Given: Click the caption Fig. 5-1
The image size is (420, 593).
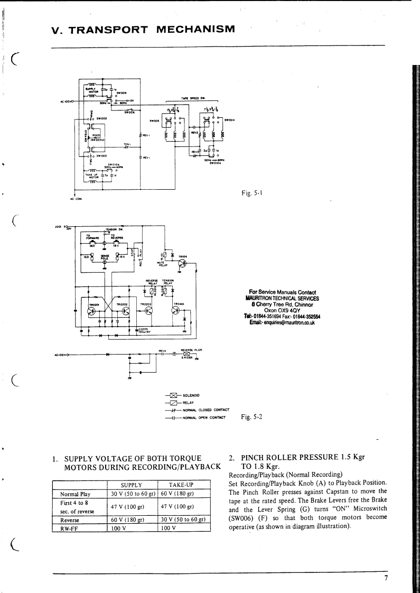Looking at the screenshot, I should pyautogui.click(x=251, y=194).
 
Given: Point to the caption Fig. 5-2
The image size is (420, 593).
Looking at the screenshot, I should pyautogui.click(x=251, y=416).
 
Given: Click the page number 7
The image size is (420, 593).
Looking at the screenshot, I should pyautogui.click(x=386, y=578).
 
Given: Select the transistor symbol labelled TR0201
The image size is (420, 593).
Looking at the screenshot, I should pyautogui.click(x=93, y=311).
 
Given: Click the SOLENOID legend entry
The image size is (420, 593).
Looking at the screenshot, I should pyautogui.click(x=193, y=395).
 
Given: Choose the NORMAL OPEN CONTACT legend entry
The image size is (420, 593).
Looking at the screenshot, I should pyautogui.click(x=203, y=417).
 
